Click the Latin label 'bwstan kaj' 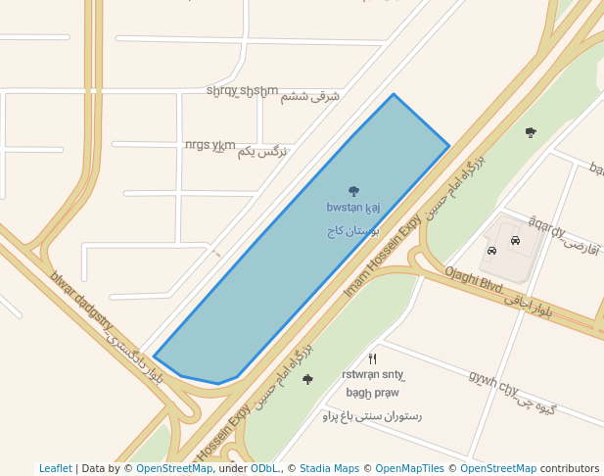coord(352,208)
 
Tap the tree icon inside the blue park coord(353,191)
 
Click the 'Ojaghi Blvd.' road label coord(474,280)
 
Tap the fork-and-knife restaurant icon coord(372,358)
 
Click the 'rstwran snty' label coord(372,374)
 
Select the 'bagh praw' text coord(372,393)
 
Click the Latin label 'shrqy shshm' coord(242,91)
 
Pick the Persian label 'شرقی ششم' coord(310,96)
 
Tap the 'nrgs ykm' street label coord(209,146)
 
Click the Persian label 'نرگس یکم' coord(263,152)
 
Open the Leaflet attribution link coord(55,468)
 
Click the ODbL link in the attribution coord(263,468)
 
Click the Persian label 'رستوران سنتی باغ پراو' coord(372,416)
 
